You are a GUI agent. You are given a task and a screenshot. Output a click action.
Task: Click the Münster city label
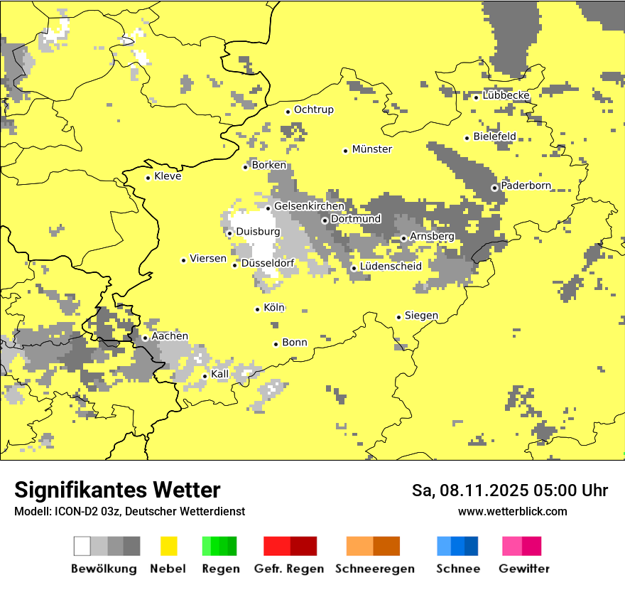tap(372, 149)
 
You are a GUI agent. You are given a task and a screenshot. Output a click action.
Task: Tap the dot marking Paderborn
tap(494, 188)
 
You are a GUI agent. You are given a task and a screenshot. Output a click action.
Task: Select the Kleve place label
tap(168, 176)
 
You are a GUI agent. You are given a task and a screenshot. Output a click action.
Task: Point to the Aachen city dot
tap(145, 338)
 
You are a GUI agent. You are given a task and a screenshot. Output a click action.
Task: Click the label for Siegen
tap(421, 316)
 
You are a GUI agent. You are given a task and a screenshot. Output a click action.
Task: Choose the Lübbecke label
tap(506, 95)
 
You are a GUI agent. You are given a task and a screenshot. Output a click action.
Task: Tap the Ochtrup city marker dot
tap(288, 112)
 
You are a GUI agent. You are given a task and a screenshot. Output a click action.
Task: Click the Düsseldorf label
tap(268, 264)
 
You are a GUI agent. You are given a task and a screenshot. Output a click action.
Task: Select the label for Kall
tap(220, 374)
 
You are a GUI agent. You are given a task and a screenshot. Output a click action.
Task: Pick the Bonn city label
tap(295, 343)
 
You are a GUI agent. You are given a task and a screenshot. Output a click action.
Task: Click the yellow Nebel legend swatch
tap(169, 546)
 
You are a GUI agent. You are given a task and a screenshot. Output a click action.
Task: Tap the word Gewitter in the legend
tap(523, 569)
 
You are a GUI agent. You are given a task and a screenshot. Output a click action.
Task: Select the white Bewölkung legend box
tap(82, 546)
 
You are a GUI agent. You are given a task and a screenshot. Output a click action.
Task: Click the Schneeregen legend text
tap(374, 569)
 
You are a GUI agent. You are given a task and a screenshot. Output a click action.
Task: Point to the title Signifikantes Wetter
tap(117, 490)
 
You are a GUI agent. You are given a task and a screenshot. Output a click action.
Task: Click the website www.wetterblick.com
tap(512, 512)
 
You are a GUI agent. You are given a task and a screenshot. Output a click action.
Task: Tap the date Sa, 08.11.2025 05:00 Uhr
tap(509, 490)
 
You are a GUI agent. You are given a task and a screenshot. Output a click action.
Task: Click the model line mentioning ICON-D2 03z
tap(129, 512)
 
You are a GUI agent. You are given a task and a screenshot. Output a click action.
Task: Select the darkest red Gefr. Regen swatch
tap(303, 546)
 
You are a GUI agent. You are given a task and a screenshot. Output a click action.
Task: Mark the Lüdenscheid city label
tap(391, 267)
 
